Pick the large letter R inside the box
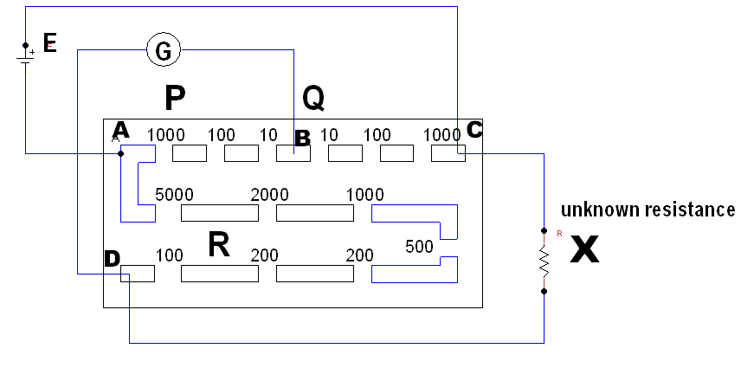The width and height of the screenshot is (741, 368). [220, 246]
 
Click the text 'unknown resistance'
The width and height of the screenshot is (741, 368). [648, 210]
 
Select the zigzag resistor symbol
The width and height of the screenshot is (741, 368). [544, 261]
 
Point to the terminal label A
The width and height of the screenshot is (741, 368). [120, 130]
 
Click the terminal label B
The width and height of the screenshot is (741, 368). [302, 138]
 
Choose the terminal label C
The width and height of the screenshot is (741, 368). [474, 130]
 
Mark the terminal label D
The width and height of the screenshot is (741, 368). [112, 258]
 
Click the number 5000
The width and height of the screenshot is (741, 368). [174, 194]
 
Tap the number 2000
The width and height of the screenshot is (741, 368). [269, 194]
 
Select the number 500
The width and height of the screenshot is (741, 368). [419, 247]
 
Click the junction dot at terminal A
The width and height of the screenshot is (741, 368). [120, 153]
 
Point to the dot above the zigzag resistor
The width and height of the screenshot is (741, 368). [544, 230]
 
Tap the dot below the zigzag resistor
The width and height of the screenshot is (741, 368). [544, 292]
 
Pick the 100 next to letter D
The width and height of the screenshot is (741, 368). [170, 255]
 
